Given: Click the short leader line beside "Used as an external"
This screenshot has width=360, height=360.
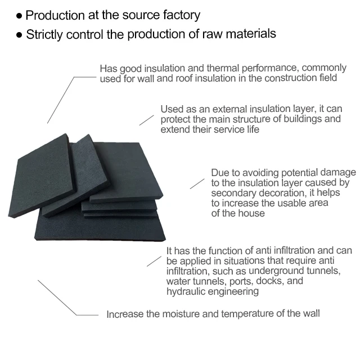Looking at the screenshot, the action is click(146, 120).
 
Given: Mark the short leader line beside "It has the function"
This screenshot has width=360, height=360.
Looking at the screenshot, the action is click(154, 260).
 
